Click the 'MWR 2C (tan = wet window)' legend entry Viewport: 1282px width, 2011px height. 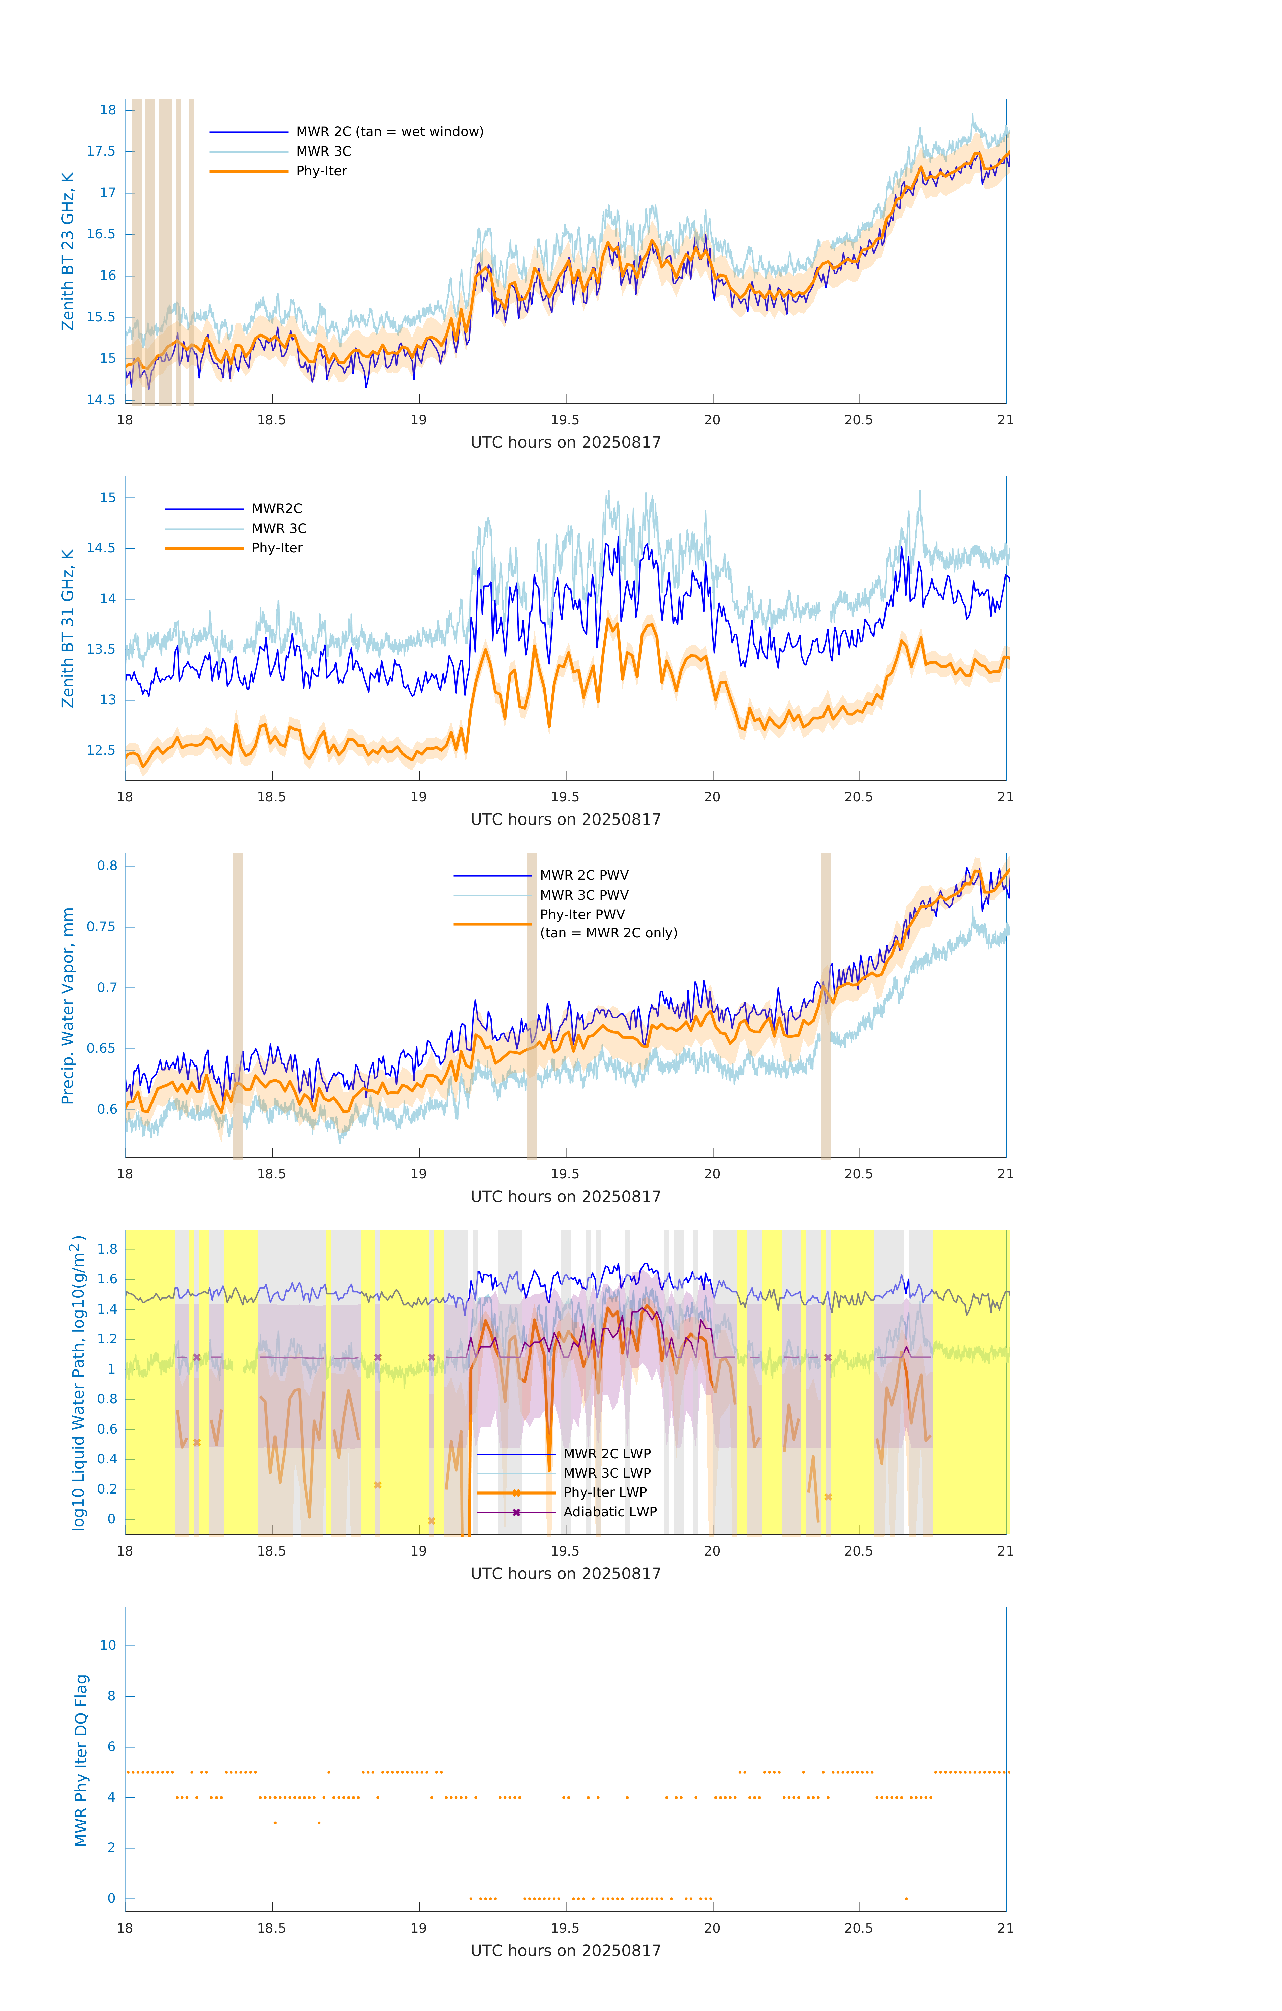point(389,132)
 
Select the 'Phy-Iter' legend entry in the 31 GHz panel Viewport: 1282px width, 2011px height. point(277,548)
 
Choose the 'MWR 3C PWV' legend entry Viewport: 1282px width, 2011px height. point(584,895)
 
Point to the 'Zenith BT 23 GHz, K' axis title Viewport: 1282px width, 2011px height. point(68,251)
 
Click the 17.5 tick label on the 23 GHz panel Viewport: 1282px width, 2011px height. point(101,151)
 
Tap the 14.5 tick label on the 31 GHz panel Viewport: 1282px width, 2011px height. point(101,548)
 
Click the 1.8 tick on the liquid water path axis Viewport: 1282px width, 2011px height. point(107,1250)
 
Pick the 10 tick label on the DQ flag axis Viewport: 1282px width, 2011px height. point(108,1645)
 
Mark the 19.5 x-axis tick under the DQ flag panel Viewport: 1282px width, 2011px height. point(565,1928)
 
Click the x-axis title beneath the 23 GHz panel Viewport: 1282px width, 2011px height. point(565,443)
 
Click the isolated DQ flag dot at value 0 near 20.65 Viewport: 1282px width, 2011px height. point(906,1898)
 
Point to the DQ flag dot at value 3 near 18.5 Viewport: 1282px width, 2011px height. point(275,1822)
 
